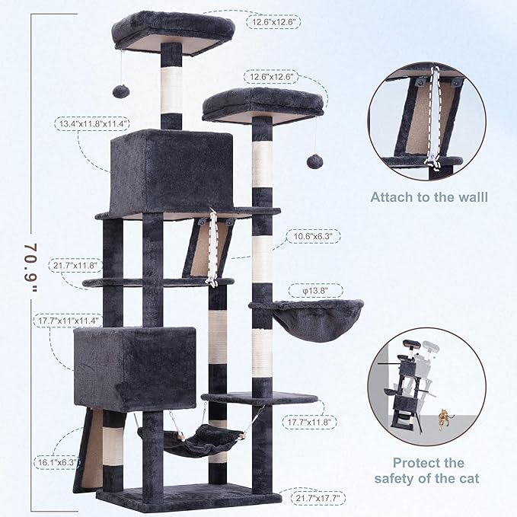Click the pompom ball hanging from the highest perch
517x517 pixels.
click(x=120, y=91)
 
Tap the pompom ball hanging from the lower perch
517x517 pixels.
click(x=313, y=161)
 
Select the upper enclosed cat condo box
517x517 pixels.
click(x=170, y=172)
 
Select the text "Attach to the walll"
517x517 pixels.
click(x=429, y=197)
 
